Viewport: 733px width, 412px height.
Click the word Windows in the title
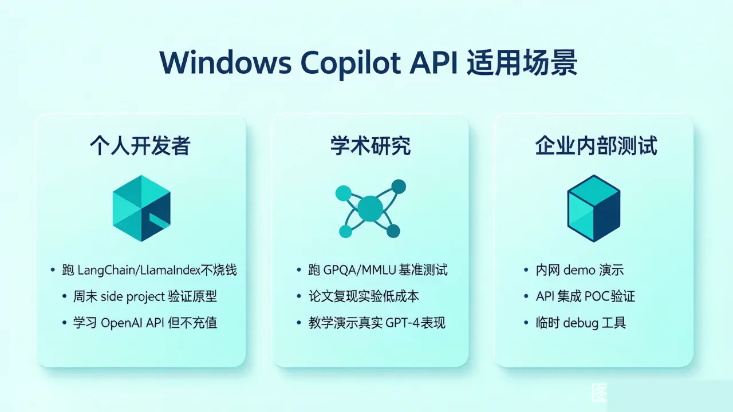tap(226, 62)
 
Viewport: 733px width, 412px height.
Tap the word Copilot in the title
tap(350, 64)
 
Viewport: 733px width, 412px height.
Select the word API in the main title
tap(434, 62)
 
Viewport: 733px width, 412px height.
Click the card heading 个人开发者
tap(140, 145)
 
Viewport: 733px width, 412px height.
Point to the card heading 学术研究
tap(371, 145)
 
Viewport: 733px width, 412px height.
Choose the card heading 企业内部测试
tap(596, 145)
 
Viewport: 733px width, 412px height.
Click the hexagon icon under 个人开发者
tap(141, 208)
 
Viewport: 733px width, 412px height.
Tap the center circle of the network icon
tap(370, 208)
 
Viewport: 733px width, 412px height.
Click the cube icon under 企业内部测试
tap(594, 208)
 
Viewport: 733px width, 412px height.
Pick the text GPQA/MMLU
tap(359, 271)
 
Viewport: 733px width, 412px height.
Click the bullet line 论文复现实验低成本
tap(364, 296)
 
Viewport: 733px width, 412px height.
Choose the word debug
tap(581, 323)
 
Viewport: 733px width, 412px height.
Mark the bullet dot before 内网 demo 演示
tap(526, 270)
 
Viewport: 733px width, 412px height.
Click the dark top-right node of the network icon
tap(399, 187)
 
